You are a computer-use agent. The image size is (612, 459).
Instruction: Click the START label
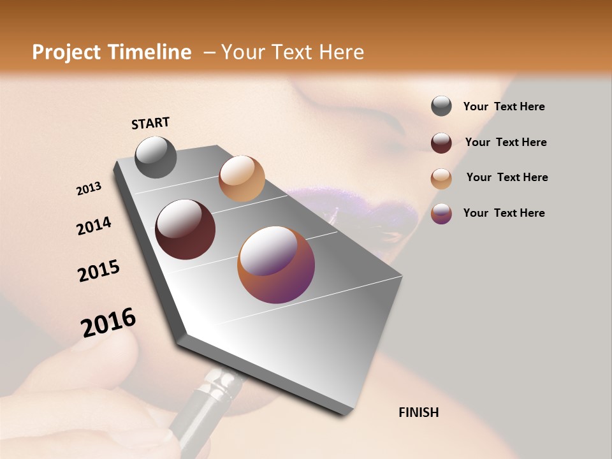click(150, 123)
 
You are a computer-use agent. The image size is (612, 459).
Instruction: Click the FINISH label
click(418, 412)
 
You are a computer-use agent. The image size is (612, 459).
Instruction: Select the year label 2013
click(89, 189)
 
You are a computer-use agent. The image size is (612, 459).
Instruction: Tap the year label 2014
click(94, 226)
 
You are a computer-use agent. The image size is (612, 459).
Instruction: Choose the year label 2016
click(108, 323)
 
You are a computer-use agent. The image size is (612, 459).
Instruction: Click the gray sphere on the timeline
click(156, 157)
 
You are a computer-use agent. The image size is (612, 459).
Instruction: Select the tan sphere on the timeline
click(242, 178)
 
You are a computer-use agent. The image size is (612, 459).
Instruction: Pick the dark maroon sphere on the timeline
click(185, 229)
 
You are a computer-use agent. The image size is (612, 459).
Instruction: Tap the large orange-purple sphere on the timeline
click(276, 265)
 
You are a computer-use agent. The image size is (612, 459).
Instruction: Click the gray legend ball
click(441, 106)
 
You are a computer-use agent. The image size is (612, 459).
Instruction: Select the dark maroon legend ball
click(441, 143)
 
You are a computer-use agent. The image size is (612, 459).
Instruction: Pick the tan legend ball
click(441, 178)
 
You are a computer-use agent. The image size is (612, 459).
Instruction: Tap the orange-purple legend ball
click(441, 214)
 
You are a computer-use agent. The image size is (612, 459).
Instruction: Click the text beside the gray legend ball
click(504, 107)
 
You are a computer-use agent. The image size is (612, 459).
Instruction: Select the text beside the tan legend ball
click(507, 177)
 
